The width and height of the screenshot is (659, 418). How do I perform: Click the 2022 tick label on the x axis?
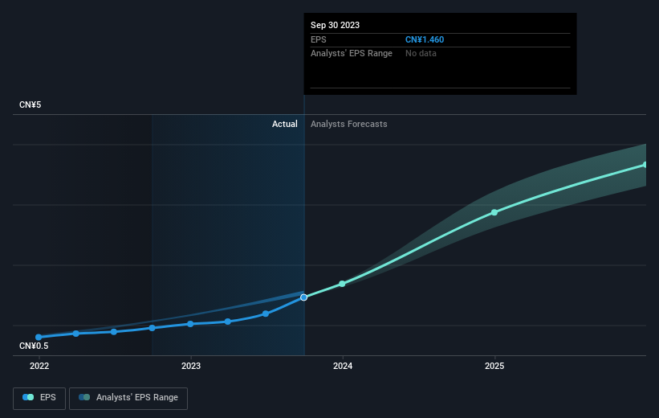(39, 366)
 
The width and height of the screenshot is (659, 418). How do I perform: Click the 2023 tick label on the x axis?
(191, 366)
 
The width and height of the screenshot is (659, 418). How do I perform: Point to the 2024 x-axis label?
(343, 366)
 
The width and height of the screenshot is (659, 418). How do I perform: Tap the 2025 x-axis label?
(494, 366)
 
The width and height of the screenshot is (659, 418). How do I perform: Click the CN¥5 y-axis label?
(31, 104)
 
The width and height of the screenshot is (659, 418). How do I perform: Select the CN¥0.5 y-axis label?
(34, 346)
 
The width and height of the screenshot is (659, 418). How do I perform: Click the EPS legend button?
(39, 398)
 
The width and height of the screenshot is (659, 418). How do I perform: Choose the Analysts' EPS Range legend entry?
(128, 398)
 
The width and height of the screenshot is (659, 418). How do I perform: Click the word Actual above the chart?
(284, 124)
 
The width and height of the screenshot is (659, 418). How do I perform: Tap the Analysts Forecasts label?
(349, 124)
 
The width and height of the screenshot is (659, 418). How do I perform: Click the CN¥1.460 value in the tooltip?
(425, 39)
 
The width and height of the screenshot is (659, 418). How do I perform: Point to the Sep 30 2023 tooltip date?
(335, 25)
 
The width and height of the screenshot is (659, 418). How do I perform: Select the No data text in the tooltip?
(421, 53)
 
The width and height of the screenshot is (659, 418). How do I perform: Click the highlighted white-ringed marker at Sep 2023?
(304, 297)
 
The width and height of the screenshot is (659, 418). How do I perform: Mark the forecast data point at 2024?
(342, 284)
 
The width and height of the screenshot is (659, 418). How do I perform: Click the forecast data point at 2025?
(494, 212)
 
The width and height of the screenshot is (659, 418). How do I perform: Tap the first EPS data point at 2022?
(39, 337)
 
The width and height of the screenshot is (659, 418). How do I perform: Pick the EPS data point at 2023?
(190, 324)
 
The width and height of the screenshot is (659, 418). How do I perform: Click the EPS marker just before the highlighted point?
(266, 313)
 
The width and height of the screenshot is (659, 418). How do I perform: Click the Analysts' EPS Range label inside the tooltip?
(352, 53)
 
